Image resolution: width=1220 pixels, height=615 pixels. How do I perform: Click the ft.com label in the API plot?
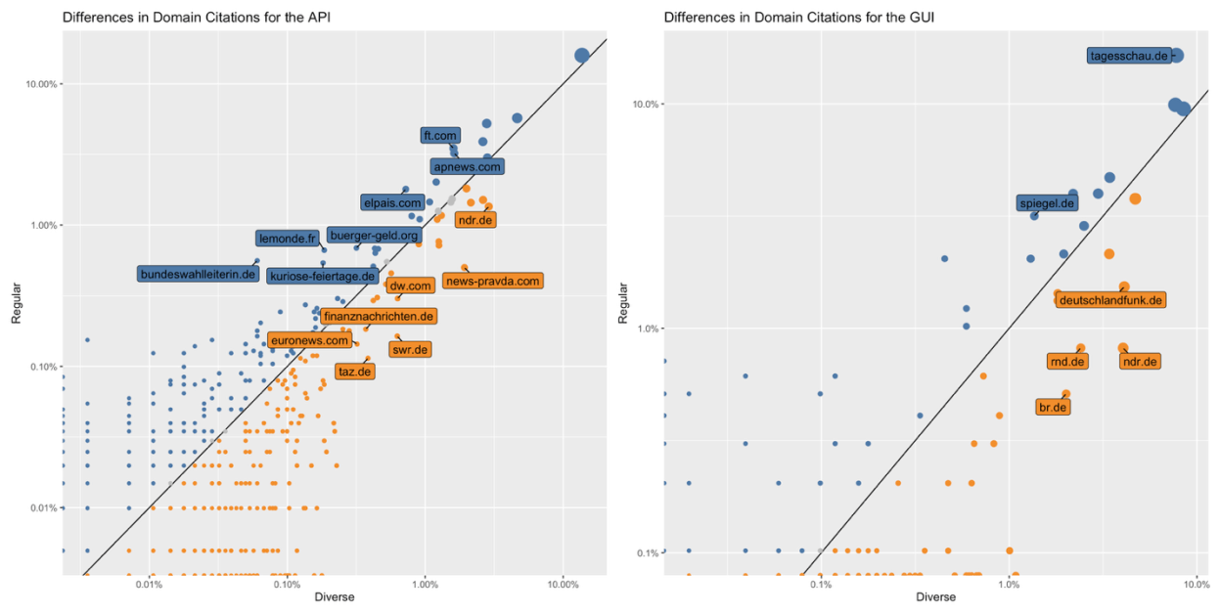[439, 135]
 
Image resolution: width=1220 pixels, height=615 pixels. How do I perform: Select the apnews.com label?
[467, 167]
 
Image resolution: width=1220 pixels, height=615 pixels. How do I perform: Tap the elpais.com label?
[391, 202]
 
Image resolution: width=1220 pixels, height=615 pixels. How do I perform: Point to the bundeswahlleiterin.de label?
[199, 274]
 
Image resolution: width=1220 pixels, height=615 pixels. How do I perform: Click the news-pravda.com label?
[492, 281]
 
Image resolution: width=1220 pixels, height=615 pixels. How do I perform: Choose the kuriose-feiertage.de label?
[323, 276]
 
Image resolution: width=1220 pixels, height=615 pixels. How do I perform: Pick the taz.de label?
[354, 372]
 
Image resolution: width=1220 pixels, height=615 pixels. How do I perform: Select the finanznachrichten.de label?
[378, 316]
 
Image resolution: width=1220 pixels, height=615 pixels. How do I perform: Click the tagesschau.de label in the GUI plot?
[1129, 56]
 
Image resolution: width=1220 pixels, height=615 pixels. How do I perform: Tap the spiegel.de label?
[1047, 203]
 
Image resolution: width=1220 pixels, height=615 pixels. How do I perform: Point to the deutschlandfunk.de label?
[1110, 300]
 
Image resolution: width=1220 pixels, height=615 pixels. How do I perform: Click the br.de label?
[1053, 407]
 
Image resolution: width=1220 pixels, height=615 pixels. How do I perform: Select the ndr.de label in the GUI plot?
[1140, 362]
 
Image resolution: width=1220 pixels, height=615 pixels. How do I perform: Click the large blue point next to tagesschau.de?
[1177, 56]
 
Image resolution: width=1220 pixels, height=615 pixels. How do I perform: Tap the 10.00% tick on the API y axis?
[39, 84]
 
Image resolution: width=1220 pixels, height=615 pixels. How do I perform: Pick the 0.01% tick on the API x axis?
[149, 585]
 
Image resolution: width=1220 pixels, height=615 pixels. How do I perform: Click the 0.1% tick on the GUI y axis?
[646, 553]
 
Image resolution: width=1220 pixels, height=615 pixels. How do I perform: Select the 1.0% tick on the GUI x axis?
[1009, 585]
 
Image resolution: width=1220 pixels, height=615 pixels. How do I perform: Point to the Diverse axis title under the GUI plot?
[935, 597]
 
